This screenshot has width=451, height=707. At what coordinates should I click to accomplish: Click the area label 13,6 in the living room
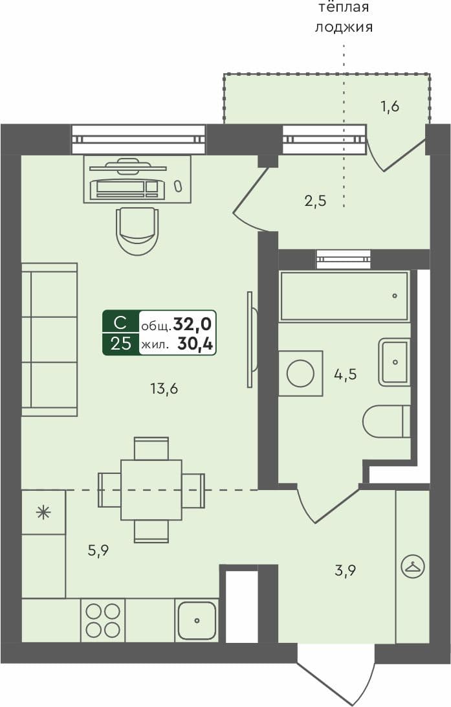pos(163,389)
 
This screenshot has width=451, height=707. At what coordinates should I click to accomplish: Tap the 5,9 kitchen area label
pos(98,551)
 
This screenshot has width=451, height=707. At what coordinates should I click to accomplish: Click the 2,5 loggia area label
pos(315,201)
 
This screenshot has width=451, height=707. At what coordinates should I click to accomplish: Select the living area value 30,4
pos(196,344)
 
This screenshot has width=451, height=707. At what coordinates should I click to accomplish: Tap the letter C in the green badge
pos(120,322)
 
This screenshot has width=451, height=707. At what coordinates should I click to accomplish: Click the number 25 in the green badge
pos(120,344)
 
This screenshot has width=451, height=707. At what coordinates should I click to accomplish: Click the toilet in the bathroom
pos(386,421)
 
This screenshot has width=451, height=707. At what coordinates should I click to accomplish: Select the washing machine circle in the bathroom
pos(300,374)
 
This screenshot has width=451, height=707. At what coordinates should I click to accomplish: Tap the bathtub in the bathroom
pos(344,296)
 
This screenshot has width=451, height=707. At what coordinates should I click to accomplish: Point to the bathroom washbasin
pos(394,361)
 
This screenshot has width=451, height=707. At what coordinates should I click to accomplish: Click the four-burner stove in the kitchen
pos(103,620)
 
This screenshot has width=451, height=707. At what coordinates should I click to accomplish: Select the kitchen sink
pos(197,620)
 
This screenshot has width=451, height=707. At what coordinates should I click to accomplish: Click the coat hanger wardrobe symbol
pos(412,567)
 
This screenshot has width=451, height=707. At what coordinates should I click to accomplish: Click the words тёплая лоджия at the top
pos(344,17)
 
